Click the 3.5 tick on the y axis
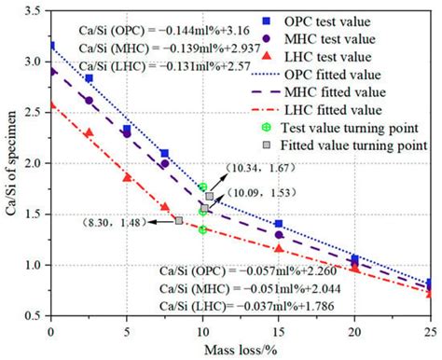pos(36,10)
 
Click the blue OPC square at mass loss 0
pos(51,45)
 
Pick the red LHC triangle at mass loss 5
pos(127,177)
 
